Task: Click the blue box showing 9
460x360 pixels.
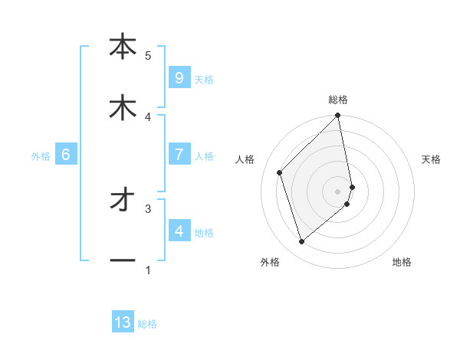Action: pyautogui.click(x=179, y=77)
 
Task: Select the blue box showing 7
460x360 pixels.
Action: pyautogui.click(x=179, y=154)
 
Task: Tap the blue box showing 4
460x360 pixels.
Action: pyautogui.click(x=179, y=231)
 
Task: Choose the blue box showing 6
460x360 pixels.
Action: pyautogui.click(x=66, y=155)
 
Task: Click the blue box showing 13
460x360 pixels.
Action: pyautogui.click(x=123, y=322)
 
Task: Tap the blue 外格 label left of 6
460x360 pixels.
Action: pyautogui.click(x=41, y=155)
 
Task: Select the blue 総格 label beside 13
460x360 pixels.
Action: pyautogui.click(x=147, y=324)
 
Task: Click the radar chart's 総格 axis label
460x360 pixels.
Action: pyautogui.click(x=338, y=100)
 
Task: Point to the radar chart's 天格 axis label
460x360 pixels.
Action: pyautogui.click(x=431, y=159)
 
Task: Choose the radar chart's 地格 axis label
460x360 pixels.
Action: pyautogui.click(x=402, y=262)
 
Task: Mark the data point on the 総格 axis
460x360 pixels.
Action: pyautogui.click(x=338, y=116)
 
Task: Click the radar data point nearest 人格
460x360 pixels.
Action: pyautogui.click(x=280, y=172)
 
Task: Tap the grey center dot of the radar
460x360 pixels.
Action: pyautogui.click(x=338, y=190)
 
